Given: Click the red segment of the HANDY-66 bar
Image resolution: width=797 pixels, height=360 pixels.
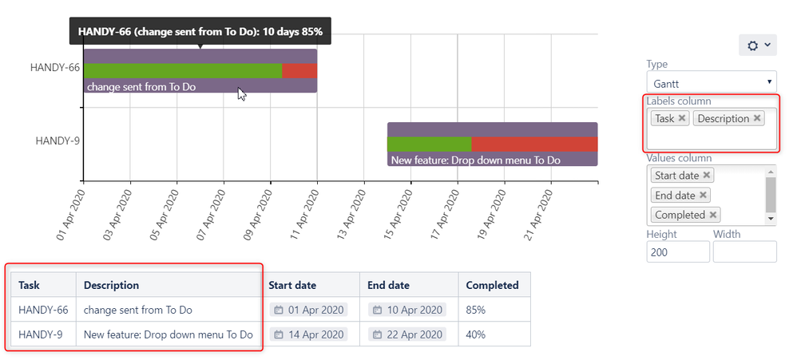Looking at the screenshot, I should pos(299,70).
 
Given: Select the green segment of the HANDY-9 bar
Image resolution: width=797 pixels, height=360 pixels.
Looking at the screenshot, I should pos(429,144).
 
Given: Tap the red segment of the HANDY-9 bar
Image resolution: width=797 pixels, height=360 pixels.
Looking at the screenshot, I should pos(534,144).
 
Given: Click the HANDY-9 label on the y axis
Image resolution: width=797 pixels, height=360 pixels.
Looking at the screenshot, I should pos(57,140).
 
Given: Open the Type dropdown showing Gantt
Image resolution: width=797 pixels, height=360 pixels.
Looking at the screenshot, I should pos(711,83).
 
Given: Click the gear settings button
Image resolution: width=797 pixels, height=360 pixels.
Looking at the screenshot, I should pos(757,45).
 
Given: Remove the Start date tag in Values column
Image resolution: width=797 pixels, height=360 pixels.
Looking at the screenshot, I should pos(707,176).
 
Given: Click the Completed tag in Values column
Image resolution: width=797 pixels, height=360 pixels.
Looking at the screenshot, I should pos(680,215).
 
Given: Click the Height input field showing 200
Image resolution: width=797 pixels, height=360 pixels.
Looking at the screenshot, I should pos(677,252).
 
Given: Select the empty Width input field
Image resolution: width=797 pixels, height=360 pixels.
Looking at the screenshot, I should pos(744,252).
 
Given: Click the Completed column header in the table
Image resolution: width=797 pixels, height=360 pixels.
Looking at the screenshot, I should pos(492,285).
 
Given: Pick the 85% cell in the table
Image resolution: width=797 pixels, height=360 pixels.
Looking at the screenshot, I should pos(476,310).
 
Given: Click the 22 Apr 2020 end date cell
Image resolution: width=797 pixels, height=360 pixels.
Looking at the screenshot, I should pos(407,334).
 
